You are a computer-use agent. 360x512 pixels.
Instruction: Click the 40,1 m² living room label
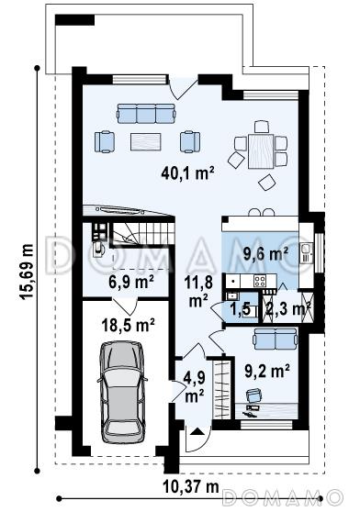(x=187, y=173)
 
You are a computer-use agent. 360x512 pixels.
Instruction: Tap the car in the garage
(x=122, y=392)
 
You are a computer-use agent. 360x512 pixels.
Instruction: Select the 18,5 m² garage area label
(x=128, y=325)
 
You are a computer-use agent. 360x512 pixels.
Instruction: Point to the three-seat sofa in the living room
(x=146, y=114)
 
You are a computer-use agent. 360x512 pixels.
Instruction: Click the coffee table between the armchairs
(x=146, y=141)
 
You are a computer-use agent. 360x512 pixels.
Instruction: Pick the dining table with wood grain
(x=261, y=151)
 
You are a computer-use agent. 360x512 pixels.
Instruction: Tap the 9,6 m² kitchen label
(x=266, y=253)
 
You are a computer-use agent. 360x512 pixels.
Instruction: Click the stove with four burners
(x=260, y=281)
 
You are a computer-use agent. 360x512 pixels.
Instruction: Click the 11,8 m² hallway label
(x=198, y=291)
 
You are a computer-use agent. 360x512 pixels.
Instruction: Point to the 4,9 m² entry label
(x=195, y=387)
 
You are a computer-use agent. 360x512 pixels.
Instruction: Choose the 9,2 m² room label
(x=267, y=370)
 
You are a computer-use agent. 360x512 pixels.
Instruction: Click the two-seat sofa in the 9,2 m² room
(x=276, y=339)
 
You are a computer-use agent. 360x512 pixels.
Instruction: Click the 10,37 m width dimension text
(x=191, y=487)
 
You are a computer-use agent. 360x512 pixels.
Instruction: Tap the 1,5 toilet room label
(x=240, y=309)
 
